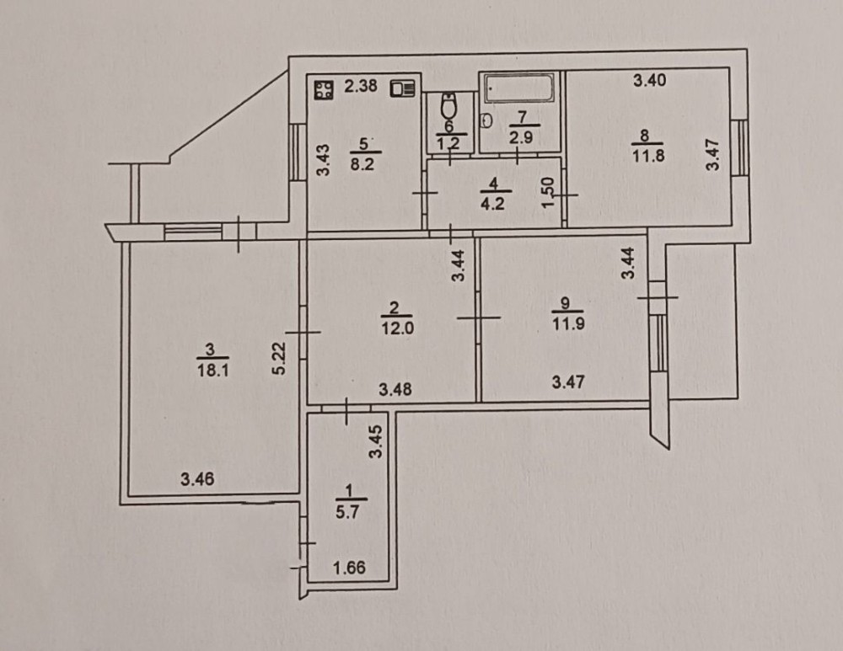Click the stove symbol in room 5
coord(325,89)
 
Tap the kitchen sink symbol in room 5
coord(403,89)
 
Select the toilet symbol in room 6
coord(449,106)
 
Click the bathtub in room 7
coord(519,88)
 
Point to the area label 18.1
coord(213,370)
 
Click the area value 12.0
coord(397,328)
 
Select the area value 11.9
coord(567,323)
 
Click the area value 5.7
coord(347,512)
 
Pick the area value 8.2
coord(362,164)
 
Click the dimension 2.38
coord(361,86)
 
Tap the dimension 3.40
coord(649,81)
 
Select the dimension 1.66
coord(350,568)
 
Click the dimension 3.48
coord(395,389)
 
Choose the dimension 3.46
coord(197,478)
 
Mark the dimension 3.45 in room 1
coord(376,441)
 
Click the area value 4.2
coord(493,204)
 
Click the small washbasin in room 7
coord(487,120)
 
